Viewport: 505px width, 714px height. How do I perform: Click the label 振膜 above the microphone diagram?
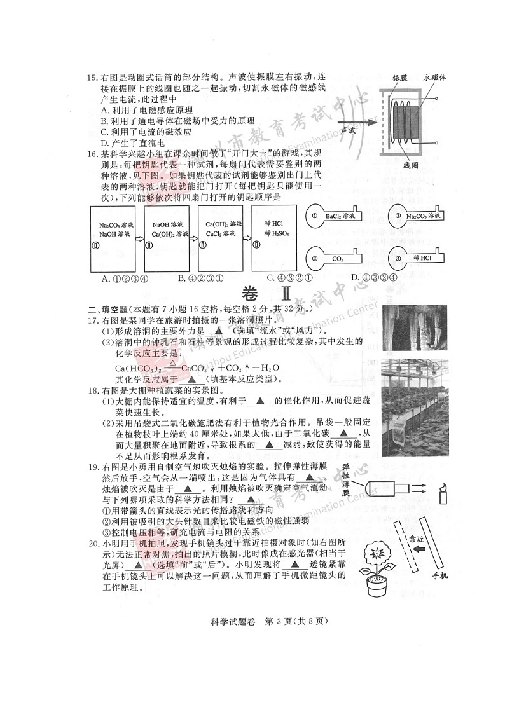pos(399,78)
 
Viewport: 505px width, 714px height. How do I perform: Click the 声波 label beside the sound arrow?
pos(347,129)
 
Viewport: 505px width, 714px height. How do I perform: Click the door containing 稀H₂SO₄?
pos(275,238)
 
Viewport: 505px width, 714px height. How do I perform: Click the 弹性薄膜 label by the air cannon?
pos(345,484)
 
